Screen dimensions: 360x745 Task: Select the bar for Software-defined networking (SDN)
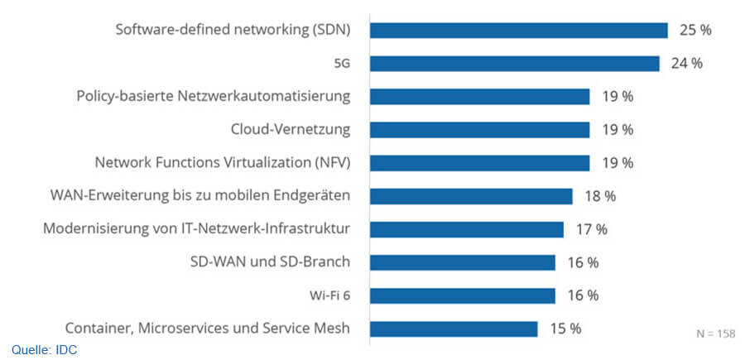tap(518, 31)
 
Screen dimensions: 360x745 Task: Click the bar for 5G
tap(514, 64)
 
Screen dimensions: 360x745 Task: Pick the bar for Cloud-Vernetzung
tap(479, 130)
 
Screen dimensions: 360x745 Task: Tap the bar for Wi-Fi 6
tap(462, 295)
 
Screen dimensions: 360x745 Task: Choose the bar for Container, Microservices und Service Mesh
tap(454, 329)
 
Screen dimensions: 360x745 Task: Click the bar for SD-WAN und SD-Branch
tap(462, 262)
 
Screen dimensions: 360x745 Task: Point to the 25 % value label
tap(695, 31)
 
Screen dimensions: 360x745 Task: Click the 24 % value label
tap(686, 64)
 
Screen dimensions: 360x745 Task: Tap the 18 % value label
tap(599, 196)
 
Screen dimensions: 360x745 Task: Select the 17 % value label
tap(591, 229)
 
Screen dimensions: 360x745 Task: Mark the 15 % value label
tap(565, 329)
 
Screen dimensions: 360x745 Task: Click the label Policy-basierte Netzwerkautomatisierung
tap(213, 97)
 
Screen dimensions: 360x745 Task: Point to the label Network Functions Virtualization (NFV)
tap(223, 163)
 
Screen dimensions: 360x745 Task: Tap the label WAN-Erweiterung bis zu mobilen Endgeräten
tap(200, 196)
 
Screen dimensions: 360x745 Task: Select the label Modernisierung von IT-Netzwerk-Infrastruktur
tap(197, 229)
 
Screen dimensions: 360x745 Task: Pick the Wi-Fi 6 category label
tap(329, 295)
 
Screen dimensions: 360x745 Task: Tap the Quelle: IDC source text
tap(45, 350)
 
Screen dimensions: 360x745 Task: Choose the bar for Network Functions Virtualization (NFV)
tap(479, 163)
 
